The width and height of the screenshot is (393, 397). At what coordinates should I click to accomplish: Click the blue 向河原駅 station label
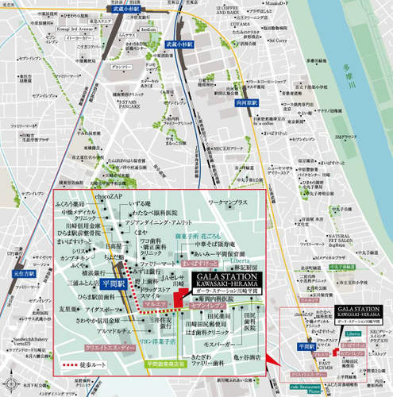[225, 102]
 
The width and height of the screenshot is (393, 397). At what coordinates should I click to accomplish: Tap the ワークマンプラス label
[230, 205]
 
